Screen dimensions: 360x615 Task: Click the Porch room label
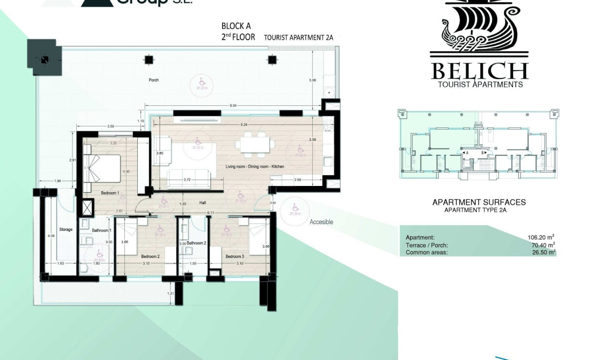coord(154,80)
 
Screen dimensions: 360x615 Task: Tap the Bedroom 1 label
coord(110,193)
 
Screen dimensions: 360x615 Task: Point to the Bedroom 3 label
coord(235,257)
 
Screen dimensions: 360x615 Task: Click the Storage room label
coord(66,230)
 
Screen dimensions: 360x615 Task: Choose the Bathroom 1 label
coord(101,231)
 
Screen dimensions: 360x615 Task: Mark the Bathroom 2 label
coord(196,243)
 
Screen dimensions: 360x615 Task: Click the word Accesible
coord(321,222)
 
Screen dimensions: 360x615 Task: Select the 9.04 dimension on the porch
coord(233,105)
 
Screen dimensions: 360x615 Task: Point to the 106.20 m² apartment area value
coord(541,237)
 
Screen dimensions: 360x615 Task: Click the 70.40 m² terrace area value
coord(541,245)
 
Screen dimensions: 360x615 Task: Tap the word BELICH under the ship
coord(479,72)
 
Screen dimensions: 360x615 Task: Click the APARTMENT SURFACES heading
coord(479,202)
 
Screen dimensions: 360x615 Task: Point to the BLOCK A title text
coord(236,26)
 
